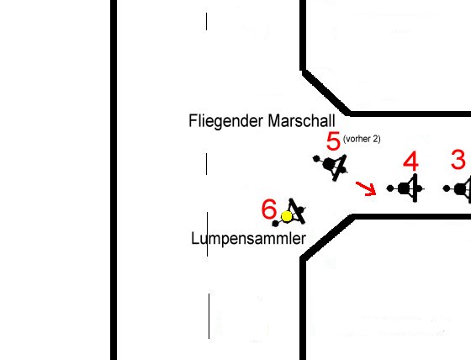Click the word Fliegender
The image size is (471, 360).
click(x=225, y=121)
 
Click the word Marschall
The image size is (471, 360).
click(x=301, y=120)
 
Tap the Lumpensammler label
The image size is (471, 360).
click(x=249, y=239)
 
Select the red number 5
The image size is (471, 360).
click(x=333, y=141)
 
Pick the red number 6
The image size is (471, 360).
click(x=269, y=209)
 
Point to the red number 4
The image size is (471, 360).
click(x=411, y=161)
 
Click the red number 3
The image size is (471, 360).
click(x=458, y=160)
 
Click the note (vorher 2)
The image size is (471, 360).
click(x=362, y=139)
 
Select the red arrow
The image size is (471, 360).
click(x=366, y=188)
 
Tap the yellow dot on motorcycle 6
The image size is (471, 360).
click(x=287, y=216)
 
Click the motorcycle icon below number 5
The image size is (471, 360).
click(x=331, y=167)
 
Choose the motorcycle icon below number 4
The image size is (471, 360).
click(x=405, y=188)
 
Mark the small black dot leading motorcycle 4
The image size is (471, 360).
click(x=390, y=188)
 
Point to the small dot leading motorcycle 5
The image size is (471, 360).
click(x=316, y=159)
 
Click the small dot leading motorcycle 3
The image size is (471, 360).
click(x=447, y=188)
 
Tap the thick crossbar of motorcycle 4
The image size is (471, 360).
click(x=415, y=188)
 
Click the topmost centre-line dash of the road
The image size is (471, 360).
click(x=206, y=21)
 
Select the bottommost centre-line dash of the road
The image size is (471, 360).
click(x=209, y=316)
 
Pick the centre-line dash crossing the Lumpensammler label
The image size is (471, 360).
click(x=207, y=234)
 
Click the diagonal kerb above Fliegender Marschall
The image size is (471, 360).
click(x=326, y=93)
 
